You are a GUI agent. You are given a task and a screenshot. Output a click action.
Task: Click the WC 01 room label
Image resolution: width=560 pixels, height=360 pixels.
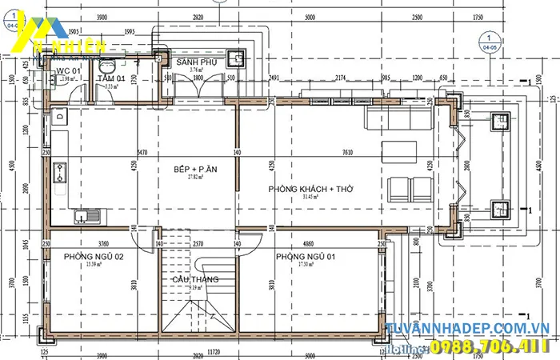[68, 72]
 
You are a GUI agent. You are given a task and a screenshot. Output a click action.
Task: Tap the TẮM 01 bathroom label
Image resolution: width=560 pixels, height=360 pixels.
[111, 78]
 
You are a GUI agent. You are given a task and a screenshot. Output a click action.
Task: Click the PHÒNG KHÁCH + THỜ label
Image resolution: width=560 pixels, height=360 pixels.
[311, 188]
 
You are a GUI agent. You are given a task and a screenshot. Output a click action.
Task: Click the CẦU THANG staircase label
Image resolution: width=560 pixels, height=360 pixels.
[195, 279]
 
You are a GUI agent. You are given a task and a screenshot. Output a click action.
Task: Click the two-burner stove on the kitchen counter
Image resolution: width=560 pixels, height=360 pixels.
[59, 170]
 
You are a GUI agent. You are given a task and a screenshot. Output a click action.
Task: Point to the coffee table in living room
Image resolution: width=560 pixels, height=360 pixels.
[399, 152]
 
